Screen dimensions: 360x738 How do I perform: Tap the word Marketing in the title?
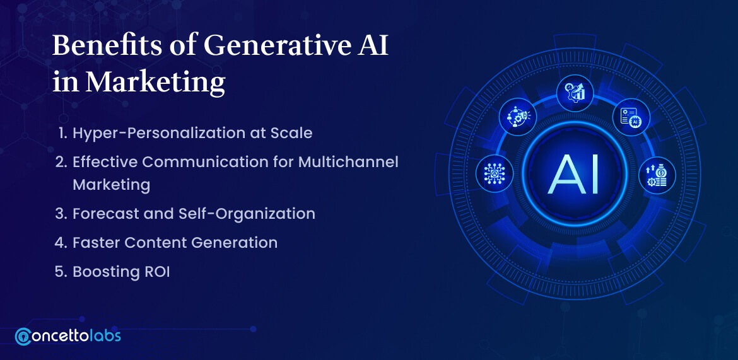click(x=155, y=82)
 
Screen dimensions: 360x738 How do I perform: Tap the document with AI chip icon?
click(x=631, y=117)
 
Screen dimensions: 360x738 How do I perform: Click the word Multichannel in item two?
click(x=348, y=162)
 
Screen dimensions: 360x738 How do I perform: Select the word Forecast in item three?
click(x=104, y=214)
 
